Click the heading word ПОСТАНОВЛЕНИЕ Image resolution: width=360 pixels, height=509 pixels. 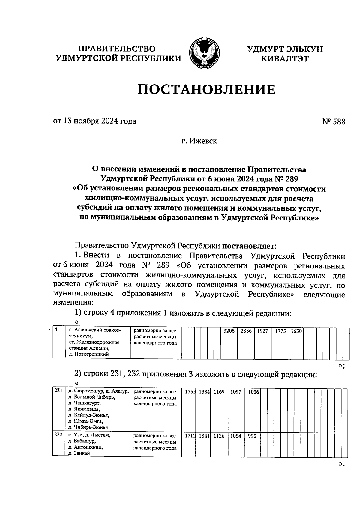point(206,90)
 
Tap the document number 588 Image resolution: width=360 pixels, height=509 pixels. point(338,122)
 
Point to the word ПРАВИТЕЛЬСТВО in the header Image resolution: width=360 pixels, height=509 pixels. point(117,49)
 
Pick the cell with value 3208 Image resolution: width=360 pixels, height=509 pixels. point(229,331)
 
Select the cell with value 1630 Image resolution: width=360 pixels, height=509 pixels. point(296,331)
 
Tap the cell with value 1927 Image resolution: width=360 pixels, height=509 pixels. point(262,331)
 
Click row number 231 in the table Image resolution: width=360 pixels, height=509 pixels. point(58,391)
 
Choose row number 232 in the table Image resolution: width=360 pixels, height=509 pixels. point(58,435)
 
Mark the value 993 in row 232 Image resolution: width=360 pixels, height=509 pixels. point(252,436)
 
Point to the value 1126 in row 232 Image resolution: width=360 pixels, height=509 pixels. point(219,436)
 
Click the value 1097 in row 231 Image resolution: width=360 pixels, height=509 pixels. point(236,392)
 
